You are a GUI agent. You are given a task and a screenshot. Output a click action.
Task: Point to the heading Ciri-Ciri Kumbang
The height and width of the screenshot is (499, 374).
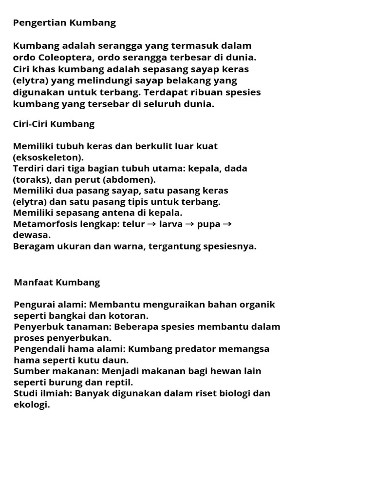pyautogui.click(x=54, y=124)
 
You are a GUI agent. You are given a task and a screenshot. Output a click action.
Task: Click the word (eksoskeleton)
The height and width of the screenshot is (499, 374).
pyautogui.click(x=48, y=157)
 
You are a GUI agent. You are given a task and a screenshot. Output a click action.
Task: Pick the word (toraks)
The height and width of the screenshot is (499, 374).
pyautogui.click(x=31, y=179)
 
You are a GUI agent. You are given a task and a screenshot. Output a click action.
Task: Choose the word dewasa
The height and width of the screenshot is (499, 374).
pyautogui.click(x=30, y=235)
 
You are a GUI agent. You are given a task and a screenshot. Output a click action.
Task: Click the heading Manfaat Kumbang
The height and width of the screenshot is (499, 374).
pyautogui.click(x=57, y=282)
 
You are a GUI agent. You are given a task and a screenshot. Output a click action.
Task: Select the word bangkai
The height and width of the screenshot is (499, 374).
pyautogui.click(x=62, y=316)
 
